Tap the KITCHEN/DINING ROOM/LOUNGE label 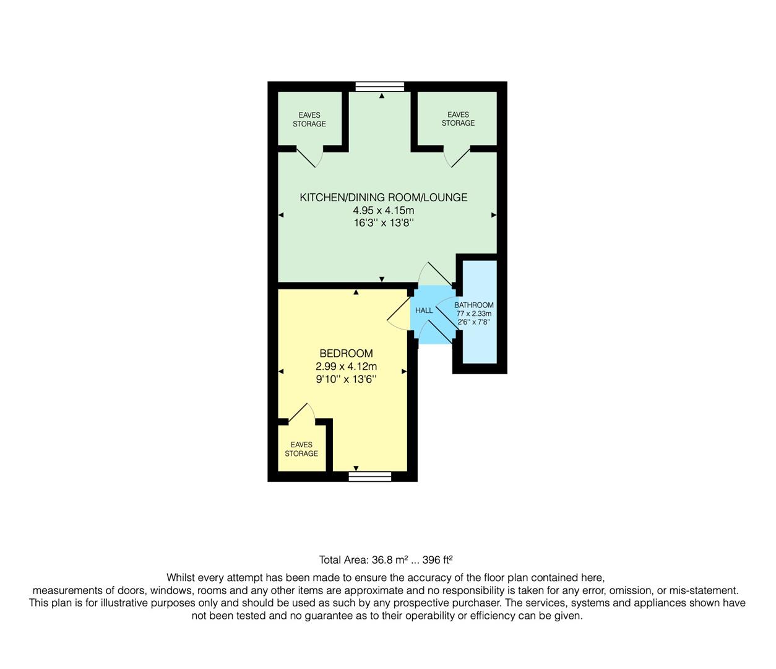click(383, 198)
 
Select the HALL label click(424, 310)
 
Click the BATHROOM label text click(474, 305)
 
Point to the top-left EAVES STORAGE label click(309, 120)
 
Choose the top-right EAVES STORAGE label click(458, 119)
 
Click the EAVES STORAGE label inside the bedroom click(301, 449)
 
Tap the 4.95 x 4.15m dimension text click(383, 211)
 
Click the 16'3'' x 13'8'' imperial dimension click(383, 223)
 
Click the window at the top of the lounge click(380, 87)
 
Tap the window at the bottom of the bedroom click(370, 476)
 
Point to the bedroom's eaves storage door click(300, 413)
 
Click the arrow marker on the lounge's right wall click(494, 215)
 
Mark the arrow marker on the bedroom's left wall click(281, 372)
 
